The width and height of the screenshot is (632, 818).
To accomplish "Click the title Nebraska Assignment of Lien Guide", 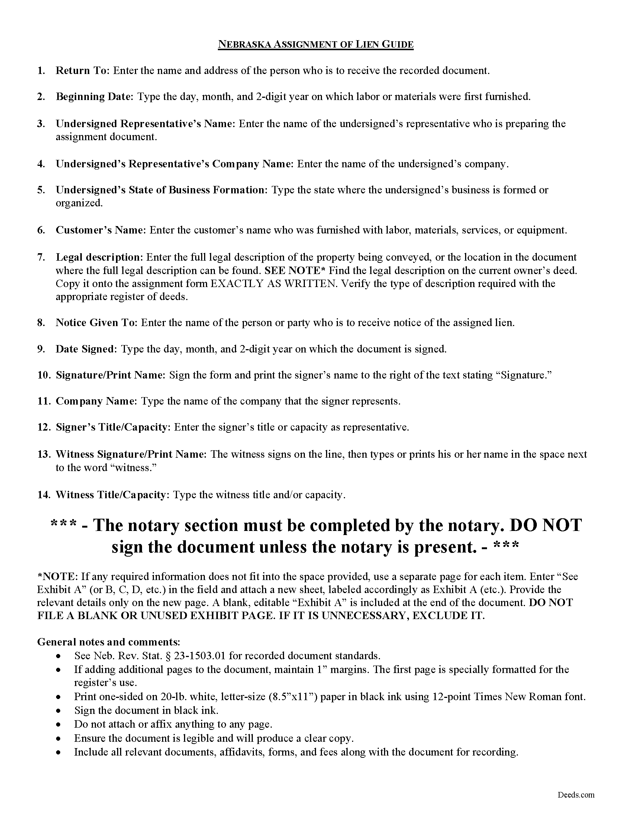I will [316, 45].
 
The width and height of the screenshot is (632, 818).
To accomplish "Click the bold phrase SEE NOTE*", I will [295, 270].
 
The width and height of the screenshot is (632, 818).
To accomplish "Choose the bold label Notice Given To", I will [97, 322].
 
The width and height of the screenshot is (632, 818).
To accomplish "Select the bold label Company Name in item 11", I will [96, 401].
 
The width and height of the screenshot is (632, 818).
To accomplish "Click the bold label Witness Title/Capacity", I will [111, 495].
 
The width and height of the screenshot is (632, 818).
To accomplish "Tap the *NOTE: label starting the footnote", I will [52, 576].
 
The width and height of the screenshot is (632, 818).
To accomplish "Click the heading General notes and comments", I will [109, 642].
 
